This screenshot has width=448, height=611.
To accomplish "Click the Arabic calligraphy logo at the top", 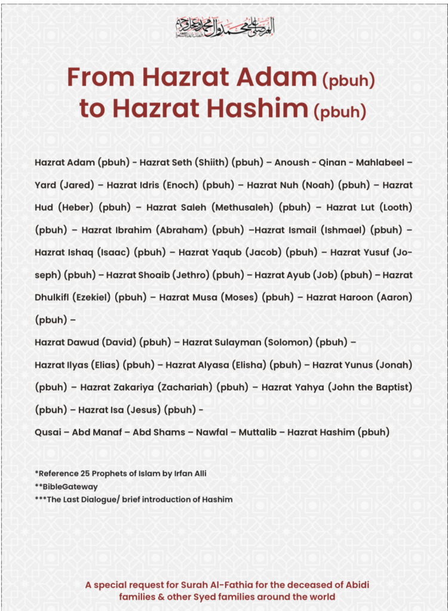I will (225, 26).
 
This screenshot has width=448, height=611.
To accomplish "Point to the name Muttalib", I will (257, 432).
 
